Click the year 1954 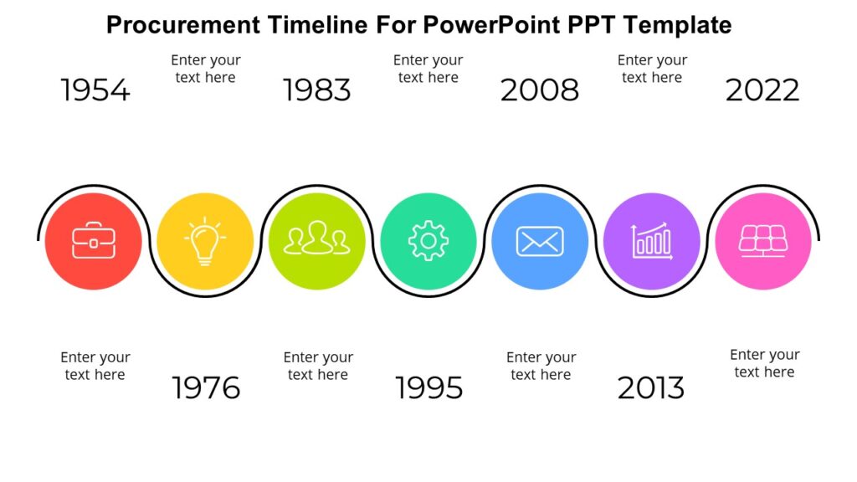pyautogui.click(x=95, y=90)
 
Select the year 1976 pyautogui.click(x=206, y=388)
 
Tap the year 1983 pyautogui.click(x=317, y=90)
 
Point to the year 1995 pyautogui.click(x=428, y=388)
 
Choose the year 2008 pyautogui.click(x=540, y=90)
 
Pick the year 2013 pyautogui.click(x=651, y=388)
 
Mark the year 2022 pyautogui.click(x=762, y=90)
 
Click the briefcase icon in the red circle pyautogui.click(x=93, y=242)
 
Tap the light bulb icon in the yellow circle pyautogui.click(x=205, y=242)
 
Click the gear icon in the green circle pyautogui.click(x=428, y=242)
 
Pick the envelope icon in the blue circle pyautogui.click(x=540, y=242)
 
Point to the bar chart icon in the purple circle pyautogui.click(x=652, y=242)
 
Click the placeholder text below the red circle pyautogui.click(x=95, y=366)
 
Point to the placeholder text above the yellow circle pyautogui.click(x=206, y=69)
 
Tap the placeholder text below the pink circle pyautogui.click(x=764, y=363)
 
